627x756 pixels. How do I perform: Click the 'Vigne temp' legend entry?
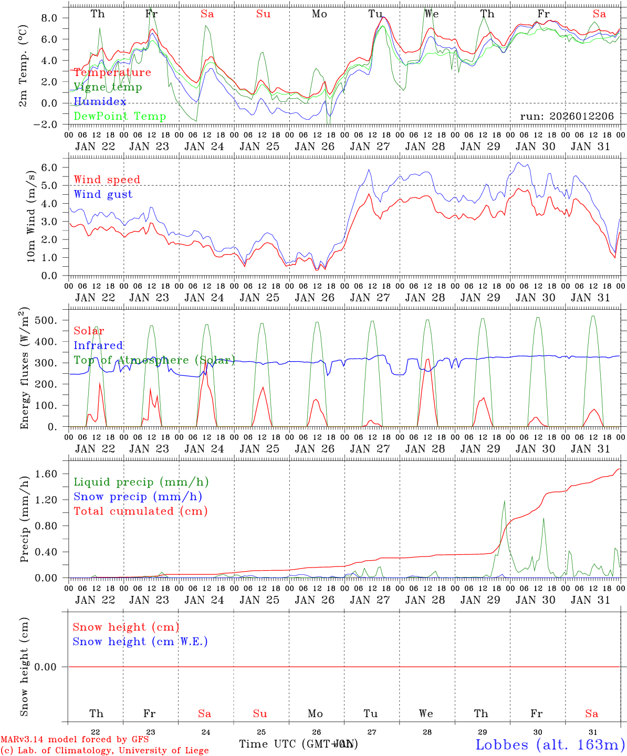coord(108,87)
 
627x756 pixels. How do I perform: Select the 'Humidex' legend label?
coord(100,102)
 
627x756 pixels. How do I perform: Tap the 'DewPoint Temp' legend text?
coord(120,117)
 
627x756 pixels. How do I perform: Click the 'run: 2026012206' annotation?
coord(567,117)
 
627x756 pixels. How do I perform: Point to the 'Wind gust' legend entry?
coord(103,194)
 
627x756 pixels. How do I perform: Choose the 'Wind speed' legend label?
coord(107,180)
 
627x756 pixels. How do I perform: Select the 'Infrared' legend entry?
coord(98,345)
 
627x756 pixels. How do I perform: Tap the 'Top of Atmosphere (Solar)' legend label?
coord(154,360)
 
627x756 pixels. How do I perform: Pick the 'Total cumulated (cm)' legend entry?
coord(140,511)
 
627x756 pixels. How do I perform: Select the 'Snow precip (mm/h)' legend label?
coord(138,497)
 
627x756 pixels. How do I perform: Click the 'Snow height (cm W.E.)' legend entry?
coord(140,642)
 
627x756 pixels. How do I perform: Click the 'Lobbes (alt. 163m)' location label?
coord(550,744)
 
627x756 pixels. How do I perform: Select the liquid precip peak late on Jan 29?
coord(504,501)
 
